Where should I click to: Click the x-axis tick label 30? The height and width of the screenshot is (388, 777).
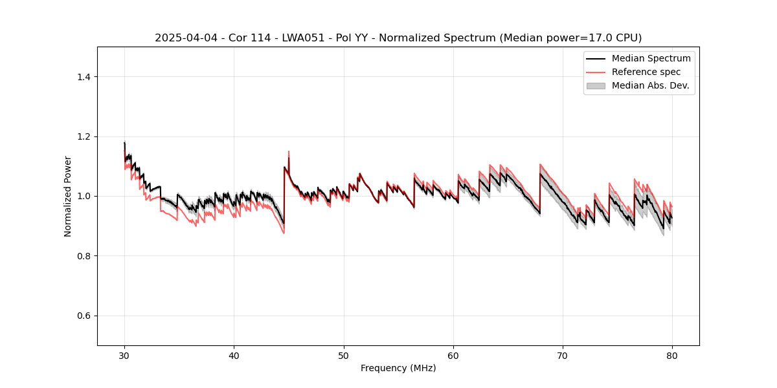[124, 356]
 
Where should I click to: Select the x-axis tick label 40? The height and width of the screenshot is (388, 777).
[234, 356]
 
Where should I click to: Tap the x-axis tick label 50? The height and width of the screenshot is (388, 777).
[344, 356]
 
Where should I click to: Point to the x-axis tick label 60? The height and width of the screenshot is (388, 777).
[453, 356]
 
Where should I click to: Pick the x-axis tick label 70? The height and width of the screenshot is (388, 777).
[563, 356]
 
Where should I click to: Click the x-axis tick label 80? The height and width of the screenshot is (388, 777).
[672, 356]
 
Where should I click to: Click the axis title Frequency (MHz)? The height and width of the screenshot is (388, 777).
[398, 368]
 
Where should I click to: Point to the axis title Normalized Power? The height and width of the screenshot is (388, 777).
[68, 196]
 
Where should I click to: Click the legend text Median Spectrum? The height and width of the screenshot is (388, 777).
[651, 58]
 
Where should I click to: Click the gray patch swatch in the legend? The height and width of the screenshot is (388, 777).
[596, 85]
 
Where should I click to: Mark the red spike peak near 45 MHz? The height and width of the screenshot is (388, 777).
[289, 151]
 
